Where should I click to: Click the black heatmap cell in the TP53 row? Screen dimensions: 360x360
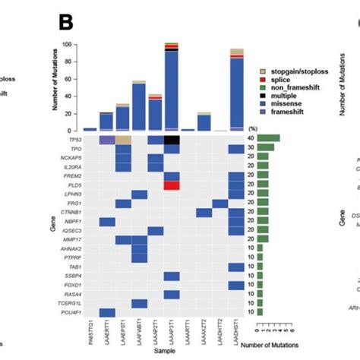coord(172,141)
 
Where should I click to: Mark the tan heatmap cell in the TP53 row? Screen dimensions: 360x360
coord(123,141)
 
